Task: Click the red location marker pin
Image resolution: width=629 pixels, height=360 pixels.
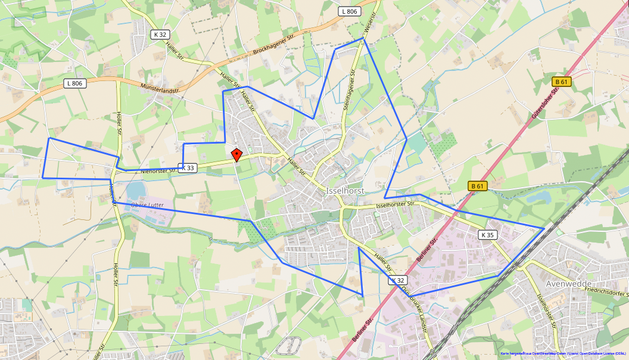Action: [x=236, y=154]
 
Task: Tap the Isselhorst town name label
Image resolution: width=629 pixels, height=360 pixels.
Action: [x=345, y=191]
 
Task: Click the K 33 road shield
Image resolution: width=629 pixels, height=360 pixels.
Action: [x=186, y=168]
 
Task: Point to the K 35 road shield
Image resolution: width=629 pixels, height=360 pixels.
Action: [x=487, y=235]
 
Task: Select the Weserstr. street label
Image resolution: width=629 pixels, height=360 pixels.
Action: [x=370, y=24]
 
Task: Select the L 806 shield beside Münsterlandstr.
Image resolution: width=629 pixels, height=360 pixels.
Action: [x=75, y=83]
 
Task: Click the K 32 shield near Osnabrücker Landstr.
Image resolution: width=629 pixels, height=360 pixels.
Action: [x=398, y=280]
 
